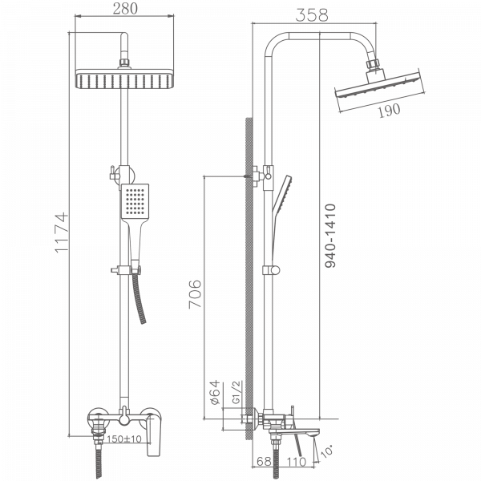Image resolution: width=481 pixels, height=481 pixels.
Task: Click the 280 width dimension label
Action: pyautogui.click(x=125, y=10)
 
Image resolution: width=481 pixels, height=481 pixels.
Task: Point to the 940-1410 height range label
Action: pyautogui.click(x=330, y=235)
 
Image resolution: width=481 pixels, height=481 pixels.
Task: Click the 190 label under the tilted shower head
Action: pyautogui.click(x=388, y=111)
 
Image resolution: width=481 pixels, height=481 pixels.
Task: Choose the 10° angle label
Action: pyautogui.click(x=326, y=455)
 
